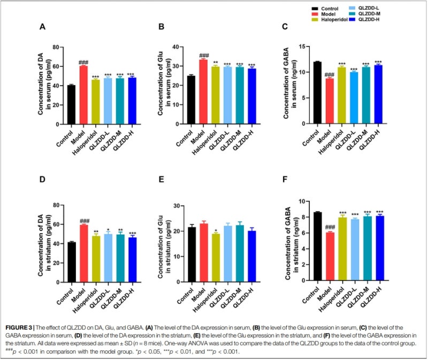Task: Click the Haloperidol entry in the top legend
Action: tap(328, 19)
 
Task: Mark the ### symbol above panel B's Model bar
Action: tap(203, 56)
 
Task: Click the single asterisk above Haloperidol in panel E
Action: tap(215, 231)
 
